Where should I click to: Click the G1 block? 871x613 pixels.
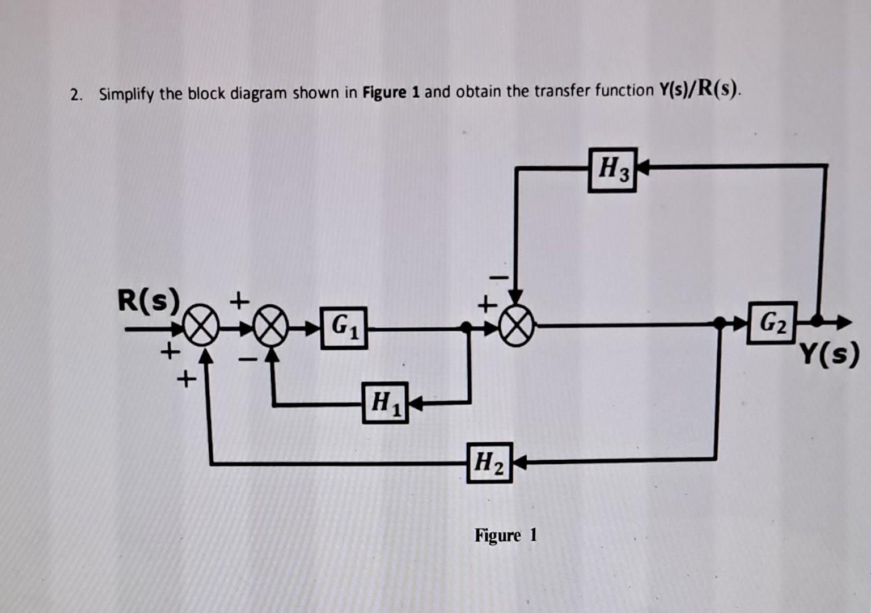pyautogui.click(x=344, y=328)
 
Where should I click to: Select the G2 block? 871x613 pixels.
pyautogui.click(x=772, y=323)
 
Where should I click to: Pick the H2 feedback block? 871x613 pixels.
pyautogui.click(x=489, y=463)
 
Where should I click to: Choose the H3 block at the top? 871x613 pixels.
pyautogui.click(x=612, y=170)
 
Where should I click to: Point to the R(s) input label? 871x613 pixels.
pyautogui.click(x=147, y=300)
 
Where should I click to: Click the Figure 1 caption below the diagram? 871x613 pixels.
pyautogui.click(x=505, y=535)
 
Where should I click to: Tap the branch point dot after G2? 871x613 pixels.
pyautogui.click(x=817, y=321)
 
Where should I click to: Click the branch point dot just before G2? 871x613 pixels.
pyautogui.click(x=718, y=323)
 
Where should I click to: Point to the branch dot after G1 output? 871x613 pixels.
pyautogui.click(x=466, y=327)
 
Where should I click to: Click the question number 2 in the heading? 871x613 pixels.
pyautogui.click(x=75, y=95)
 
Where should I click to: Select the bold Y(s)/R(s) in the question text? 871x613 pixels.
pyautogui.click(x=699, y=90)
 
